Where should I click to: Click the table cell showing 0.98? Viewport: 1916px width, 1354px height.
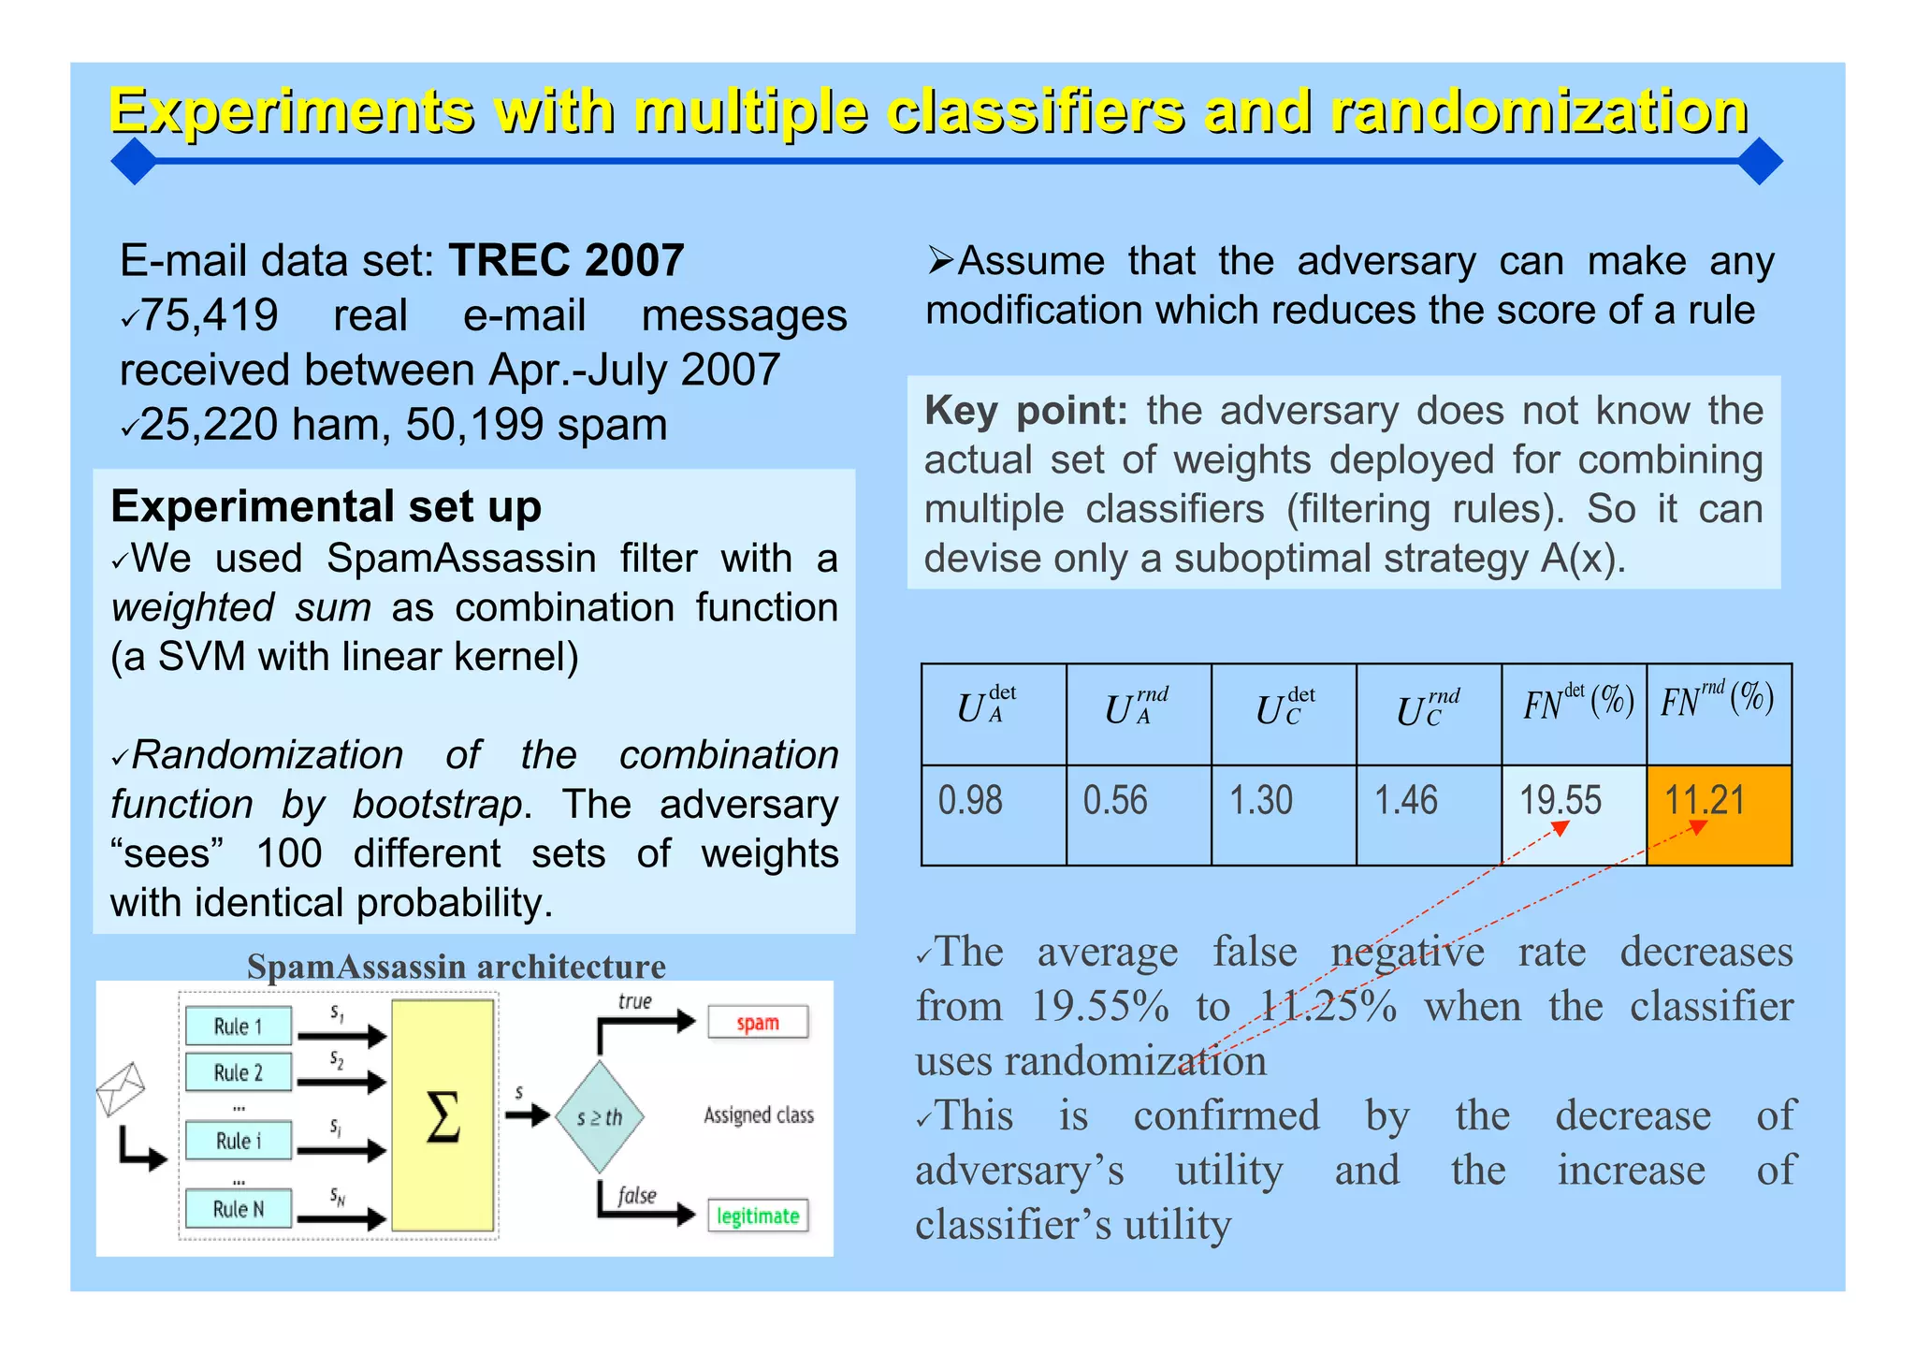point(994,814)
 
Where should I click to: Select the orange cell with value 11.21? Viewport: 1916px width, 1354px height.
point(1719,814)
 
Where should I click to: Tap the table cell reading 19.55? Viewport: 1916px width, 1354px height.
point(1574,814)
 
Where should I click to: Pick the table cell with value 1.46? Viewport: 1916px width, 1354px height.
point(1429,814)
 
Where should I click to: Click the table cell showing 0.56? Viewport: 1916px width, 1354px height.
point(1139,814)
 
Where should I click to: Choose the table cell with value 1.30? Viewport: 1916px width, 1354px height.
point(1284,814)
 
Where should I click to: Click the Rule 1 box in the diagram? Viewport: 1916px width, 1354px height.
point(239,1026)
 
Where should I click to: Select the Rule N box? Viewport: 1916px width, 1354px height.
point(239,1209)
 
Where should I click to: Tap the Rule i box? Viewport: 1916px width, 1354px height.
point(239,1141)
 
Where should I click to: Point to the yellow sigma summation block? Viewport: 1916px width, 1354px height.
point(443,1115)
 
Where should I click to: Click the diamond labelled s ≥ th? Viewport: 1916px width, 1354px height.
point(600,1117)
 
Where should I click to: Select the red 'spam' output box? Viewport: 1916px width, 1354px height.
point(758,1023)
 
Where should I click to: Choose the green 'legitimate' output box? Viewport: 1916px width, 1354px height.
point(758,1216)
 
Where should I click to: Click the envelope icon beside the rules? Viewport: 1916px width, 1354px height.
point(122,1087)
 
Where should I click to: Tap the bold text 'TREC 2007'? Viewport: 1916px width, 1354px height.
point(566,260)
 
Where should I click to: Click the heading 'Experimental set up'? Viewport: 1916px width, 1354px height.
point(326,506)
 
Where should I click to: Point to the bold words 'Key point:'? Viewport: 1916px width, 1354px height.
point(1026,411)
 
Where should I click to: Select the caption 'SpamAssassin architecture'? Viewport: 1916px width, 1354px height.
point(457,966)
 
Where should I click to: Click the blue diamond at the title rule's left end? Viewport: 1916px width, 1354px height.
point(135,161)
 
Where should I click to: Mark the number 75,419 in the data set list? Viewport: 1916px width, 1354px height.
point(209,315)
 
